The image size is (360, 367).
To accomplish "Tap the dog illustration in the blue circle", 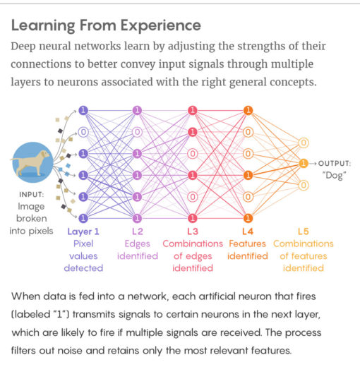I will tap(32, 162).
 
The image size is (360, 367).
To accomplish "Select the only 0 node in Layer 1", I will tap(83, 131).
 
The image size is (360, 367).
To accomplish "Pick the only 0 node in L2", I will tap(138, 131).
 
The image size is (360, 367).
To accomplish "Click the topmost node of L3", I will tap(193, 110).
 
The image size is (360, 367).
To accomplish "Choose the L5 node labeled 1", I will tap(303, 164).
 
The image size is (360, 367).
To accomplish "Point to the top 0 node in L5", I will tap(303, 142).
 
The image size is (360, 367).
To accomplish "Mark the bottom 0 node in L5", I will tap(303, 185).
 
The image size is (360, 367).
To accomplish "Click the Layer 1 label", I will tap(83, 231).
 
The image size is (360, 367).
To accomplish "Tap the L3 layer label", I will tap(193, 231).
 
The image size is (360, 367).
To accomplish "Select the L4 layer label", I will tap(247, 231).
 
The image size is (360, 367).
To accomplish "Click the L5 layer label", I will tap(303, 231).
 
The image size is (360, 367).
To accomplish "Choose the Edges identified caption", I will tap(138, 250).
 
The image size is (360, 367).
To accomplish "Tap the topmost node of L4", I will tap(247, 110).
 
